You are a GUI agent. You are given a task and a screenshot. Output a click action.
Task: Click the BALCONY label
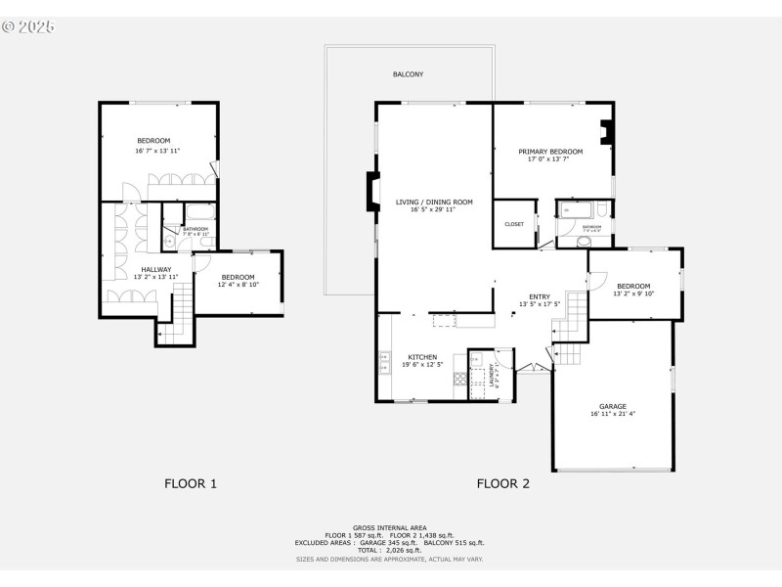pos(408,74)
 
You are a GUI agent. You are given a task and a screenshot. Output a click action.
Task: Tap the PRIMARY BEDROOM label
pos(550,152)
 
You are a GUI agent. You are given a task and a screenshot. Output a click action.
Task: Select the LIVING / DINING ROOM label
pos(434,203)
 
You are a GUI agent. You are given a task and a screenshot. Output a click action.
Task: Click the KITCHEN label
pos(422,357)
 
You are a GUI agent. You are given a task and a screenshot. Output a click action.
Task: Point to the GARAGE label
pos(613,406)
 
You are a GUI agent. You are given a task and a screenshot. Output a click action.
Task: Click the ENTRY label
pos(540,296)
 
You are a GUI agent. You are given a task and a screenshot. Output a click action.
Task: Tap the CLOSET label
pos(514,224)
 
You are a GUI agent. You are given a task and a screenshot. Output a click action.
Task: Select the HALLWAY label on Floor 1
pos(155,269)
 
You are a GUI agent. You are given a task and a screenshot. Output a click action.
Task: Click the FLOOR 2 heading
pos(503,483)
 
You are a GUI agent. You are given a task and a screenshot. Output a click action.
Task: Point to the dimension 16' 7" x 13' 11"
pos(157,151)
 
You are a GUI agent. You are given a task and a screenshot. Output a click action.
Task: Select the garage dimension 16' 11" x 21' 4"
pos(613,414)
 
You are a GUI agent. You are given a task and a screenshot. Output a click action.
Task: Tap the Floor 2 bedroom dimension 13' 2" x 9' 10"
pos(633,293)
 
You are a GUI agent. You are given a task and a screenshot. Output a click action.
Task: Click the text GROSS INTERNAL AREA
pos(390,527)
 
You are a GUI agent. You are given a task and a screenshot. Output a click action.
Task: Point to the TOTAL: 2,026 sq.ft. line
pos(390,551)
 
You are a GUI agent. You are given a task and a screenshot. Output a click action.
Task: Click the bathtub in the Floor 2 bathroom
pos(571,208)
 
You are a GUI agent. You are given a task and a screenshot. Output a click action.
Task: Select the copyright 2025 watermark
pos(28,26)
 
